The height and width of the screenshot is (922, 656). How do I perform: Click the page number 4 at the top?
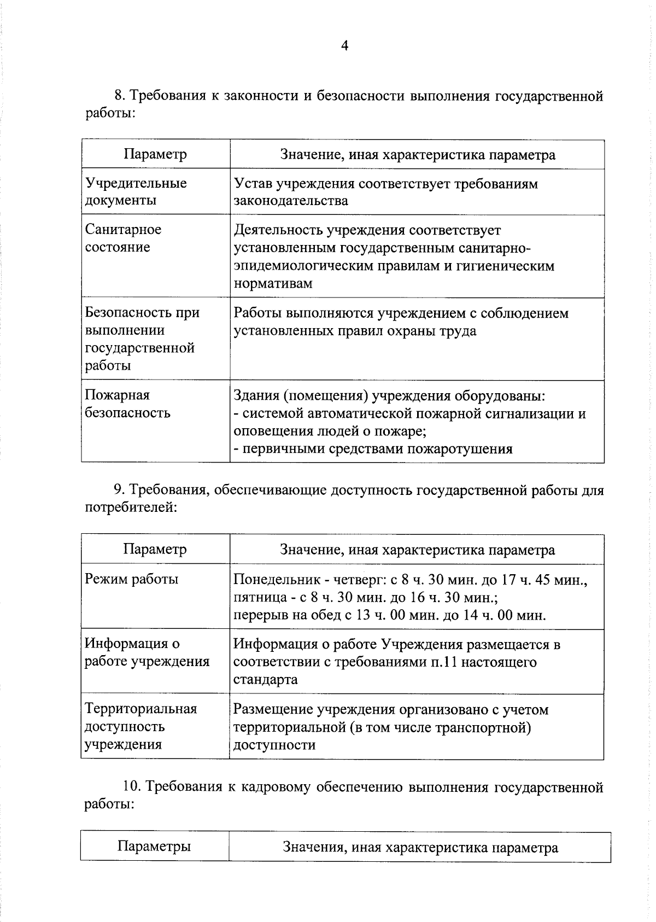click(x=344, y=46)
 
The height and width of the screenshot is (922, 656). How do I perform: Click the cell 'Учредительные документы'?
click(x=136, y=191)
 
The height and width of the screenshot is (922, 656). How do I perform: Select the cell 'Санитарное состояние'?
click(x=124, y=238)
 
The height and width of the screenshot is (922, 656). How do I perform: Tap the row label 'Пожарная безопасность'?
click(x=128, y=404)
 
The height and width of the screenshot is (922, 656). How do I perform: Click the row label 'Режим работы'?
click(x=132, y=579)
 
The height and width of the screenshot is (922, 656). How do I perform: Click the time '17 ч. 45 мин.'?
click(x=543, y=580)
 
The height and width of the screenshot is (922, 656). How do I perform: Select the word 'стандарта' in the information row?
click(x=266, y=680)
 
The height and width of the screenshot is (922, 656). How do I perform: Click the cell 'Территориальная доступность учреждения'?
click(x=140, y=726)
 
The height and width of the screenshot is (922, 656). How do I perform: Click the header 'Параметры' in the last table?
click(x=154, y=847)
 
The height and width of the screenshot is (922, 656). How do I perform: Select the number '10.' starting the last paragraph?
click(x=131, y=787)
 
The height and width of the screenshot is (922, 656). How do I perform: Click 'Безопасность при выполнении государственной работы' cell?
click(x=142, y=339)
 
